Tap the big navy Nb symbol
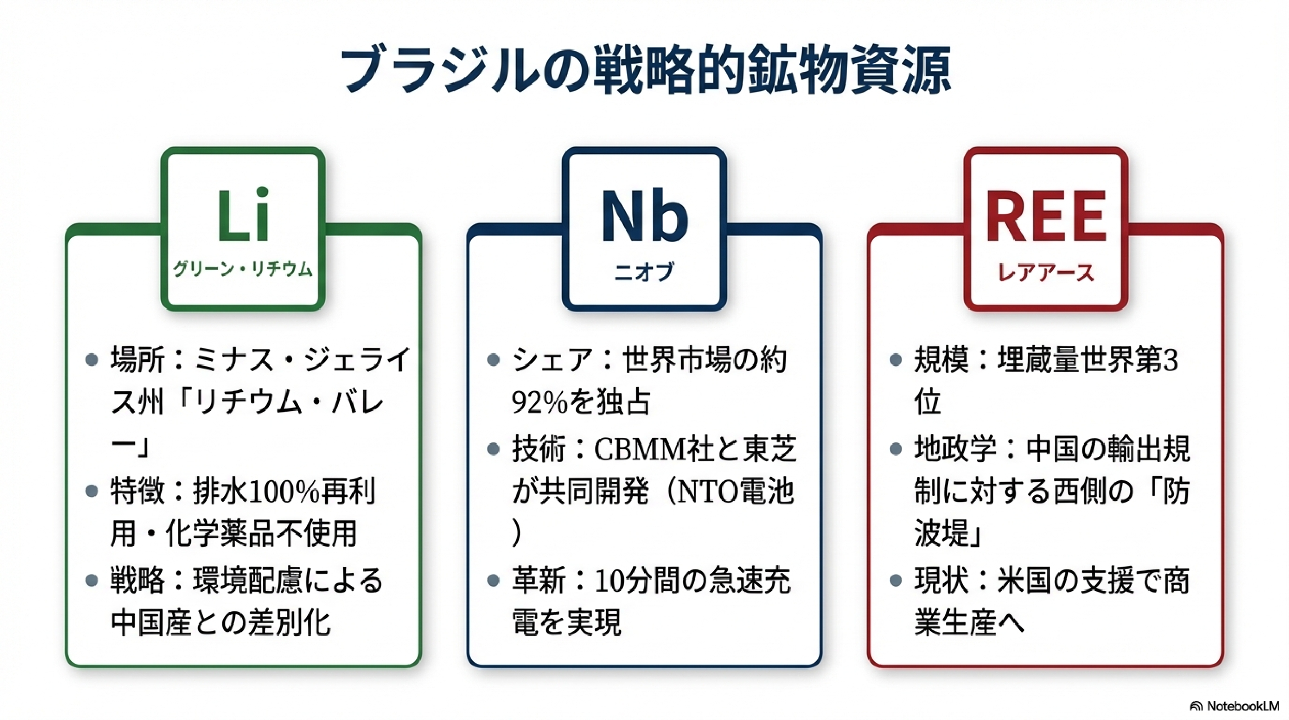tap(645, 217)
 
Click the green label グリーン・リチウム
tap(243, 270)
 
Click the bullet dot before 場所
tap(92, 360)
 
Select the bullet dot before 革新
tap(493, 580)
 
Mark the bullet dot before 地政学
tap(896, 449)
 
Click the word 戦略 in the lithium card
tap(138, 581)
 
